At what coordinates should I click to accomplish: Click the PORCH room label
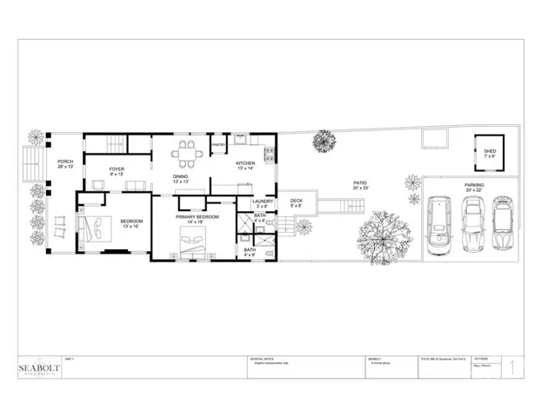click(x=64, y=162)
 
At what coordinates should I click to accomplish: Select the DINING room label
click(x=181, y=176)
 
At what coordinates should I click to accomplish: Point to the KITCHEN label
click(x=245, y=163)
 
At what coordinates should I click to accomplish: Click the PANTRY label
click(x=219, y=144)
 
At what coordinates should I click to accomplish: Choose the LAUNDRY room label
click(x=263, y=202)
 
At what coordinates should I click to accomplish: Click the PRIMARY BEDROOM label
click(x=197, y=216)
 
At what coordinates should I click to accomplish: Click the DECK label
click(x=296, y=201)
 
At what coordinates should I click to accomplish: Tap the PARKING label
click(x=474, y=185)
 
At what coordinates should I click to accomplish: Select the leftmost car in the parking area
click(x=439, y=226)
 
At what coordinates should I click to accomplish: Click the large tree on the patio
click(x=381, y=232)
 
